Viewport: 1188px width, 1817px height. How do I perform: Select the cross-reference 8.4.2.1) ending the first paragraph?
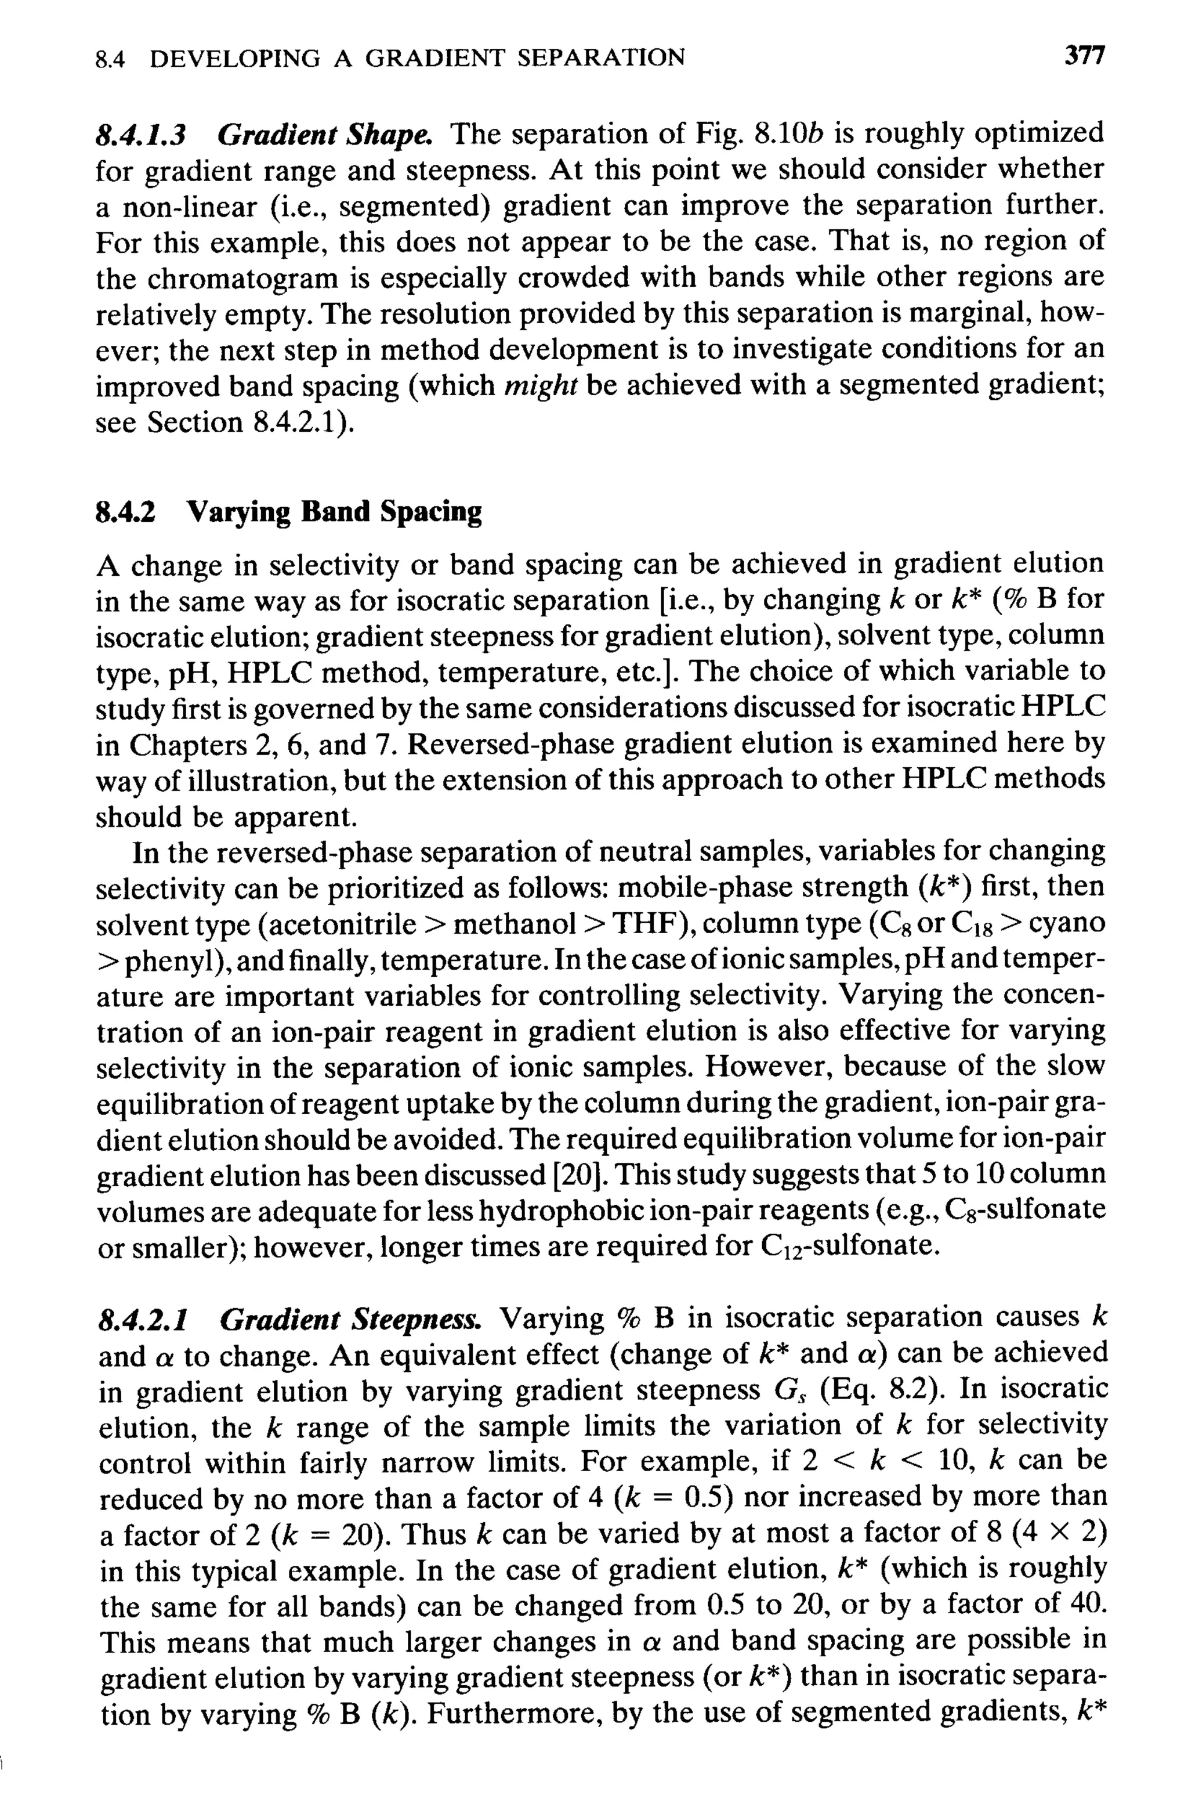302,421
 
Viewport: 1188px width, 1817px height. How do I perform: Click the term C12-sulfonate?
847,1247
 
